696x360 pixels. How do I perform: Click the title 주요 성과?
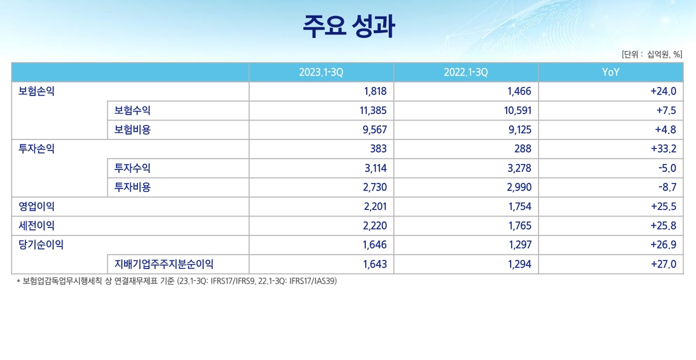click(x=348, y=27)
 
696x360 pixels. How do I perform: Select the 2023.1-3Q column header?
click(x=321, y=72)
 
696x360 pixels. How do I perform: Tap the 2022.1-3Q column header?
click(x=466, y=72)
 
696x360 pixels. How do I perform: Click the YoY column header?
click(x=611, y=72)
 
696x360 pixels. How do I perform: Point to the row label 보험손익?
click(x=36, y=91)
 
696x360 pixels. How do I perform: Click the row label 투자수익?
click(x=132, y=168)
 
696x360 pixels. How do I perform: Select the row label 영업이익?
click(x=36, y=206)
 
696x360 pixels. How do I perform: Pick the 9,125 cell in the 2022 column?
click(x=518, y=130)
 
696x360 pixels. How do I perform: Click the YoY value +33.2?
click(x=664, y=149)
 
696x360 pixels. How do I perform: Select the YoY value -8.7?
click(x=667, y=187)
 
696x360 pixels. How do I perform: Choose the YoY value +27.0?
click(x=664, y=264)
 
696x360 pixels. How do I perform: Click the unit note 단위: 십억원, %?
click(x=652, y=54)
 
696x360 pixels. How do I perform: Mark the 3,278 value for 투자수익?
click(x=519, y=168)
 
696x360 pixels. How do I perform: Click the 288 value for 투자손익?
click(x=523, y=149)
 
